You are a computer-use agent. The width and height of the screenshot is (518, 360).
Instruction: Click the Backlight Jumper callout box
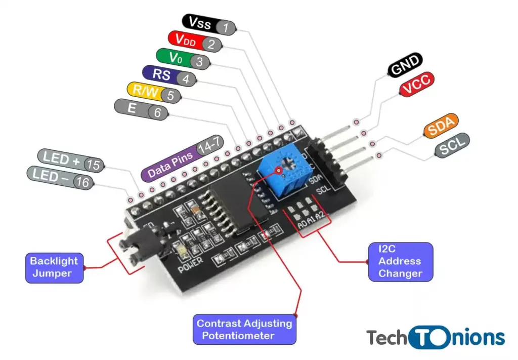point(54,267)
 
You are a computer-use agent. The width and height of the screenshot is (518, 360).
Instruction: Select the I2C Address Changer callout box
point(400,261)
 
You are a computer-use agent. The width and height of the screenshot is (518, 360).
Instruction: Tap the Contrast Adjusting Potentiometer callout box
point(244,329)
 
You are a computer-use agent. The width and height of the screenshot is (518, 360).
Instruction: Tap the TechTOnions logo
point(436,337)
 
